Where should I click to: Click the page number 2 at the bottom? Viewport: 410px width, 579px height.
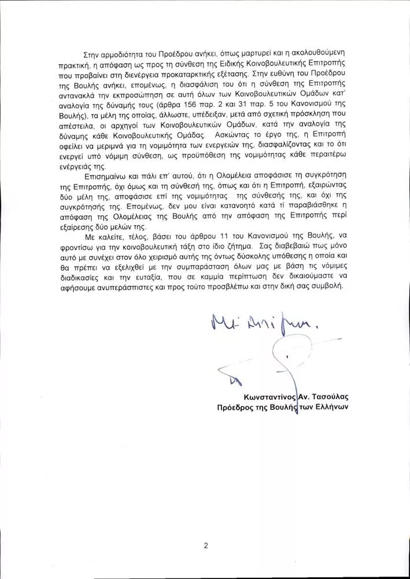coord(205,544)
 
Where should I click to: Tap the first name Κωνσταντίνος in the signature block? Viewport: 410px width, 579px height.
coord(270,396)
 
